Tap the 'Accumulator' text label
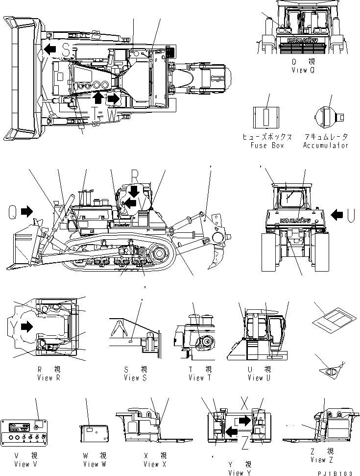pos(326,145)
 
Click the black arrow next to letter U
pos(337,214)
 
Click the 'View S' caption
pos(136,378)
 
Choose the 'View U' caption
pos(256,378)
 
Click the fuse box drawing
pos(265,118)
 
